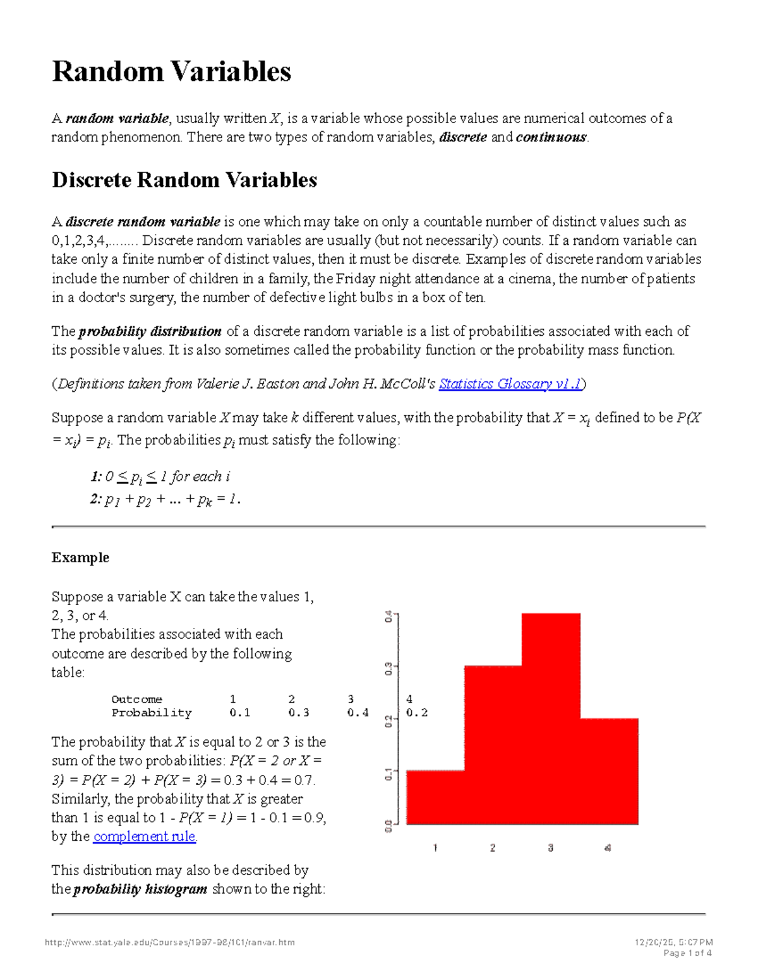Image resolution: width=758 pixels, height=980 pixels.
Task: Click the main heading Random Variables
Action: pos(171,71)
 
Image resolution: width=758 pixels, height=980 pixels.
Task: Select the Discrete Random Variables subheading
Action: pos(184,180)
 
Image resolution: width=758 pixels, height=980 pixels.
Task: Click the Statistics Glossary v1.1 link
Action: pos(510,384)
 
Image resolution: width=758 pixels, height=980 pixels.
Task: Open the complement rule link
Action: pos(145,837)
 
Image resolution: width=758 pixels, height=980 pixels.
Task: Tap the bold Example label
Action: pos(80,558)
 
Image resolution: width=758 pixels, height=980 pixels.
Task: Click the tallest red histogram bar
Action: pos(551,719)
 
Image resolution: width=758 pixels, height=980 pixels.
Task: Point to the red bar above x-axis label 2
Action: pos(493,745)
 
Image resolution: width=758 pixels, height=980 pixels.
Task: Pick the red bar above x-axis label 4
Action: pos(609,771)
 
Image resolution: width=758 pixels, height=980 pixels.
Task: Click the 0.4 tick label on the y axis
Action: pos(388,616)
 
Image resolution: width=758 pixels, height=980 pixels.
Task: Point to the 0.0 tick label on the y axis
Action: pos(388,825)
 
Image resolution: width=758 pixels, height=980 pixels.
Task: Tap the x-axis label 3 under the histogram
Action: pos(551,848)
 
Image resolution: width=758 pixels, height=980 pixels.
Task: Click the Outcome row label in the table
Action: pos(136,699)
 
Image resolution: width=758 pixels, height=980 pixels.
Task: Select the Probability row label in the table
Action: pos(152,713)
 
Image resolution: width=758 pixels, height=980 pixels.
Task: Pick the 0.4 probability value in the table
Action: pos(358,713)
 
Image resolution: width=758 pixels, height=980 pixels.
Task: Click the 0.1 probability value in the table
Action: pos(240,713)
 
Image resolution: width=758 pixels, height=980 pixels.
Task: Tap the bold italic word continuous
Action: pos(551,138)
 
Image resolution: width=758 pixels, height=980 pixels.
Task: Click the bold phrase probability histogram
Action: pos(140,890)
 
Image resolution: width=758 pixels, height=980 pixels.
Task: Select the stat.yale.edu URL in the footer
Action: pos(170,943)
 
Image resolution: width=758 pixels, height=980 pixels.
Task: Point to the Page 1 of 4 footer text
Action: pos(687,953)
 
